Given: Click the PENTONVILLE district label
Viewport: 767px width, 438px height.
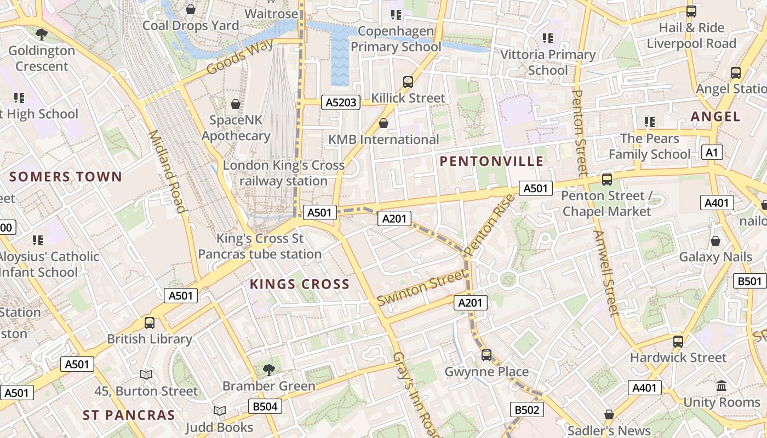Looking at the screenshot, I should pos(491,161).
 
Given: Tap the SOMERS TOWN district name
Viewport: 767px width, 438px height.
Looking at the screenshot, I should pos(65,177).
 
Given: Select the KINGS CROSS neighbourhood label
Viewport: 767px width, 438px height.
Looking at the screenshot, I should pos(299,284).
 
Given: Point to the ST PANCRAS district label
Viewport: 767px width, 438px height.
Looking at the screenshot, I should pos(129,415).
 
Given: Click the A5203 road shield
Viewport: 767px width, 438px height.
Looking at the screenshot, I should pos(340,102).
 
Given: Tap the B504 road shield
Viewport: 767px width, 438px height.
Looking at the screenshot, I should pos(265,406).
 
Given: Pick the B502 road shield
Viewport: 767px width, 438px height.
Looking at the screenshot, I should pos(527,410).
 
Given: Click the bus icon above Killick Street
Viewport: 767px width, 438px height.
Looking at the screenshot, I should pos(408,82).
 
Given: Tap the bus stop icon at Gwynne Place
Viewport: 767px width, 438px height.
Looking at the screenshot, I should pos(486,355).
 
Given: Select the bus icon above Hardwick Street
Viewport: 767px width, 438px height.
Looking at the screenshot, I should pos(678,341).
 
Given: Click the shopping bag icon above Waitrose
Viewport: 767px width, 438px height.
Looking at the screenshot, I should pos(191,9).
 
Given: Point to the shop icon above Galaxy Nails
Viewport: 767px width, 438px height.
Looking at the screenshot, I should pos(715,241).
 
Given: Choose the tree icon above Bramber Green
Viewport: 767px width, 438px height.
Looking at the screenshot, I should pos(268,370).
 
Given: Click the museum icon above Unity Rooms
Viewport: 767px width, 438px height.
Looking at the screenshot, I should pos(721,385).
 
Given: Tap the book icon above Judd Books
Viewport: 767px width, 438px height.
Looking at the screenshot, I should pos(219,411).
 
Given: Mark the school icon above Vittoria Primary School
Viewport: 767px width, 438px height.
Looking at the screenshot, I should pos(547,38).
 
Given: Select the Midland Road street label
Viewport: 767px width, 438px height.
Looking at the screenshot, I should pos(167,171).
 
